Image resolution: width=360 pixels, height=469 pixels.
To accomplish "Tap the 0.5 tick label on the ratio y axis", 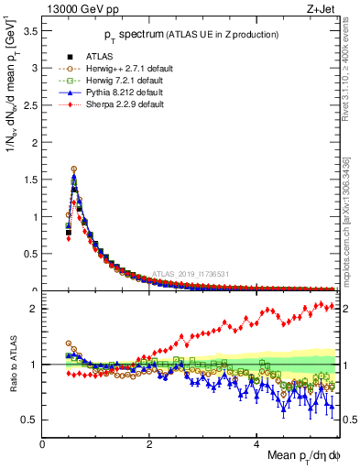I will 31,420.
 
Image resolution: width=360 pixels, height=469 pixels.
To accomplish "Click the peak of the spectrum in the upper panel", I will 74,169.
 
